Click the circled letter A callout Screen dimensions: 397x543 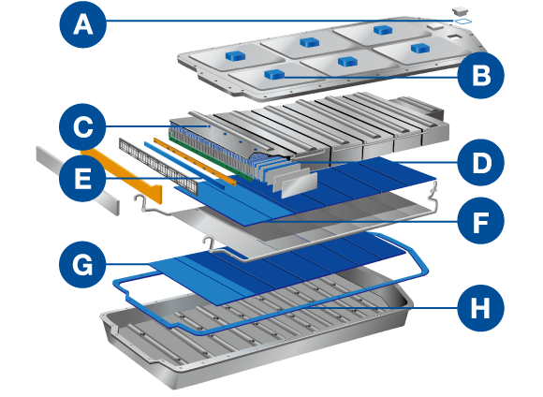(x=83, y=27)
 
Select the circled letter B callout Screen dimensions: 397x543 (x=480, y=76)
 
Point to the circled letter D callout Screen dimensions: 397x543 (x=480, y=163)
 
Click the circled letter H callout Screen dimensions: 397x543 (x=480, y=306)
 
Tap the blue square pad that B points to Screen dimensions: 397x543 (x=274, y=74)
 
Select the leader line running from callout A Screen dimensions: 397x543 (x=281, y=22)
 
